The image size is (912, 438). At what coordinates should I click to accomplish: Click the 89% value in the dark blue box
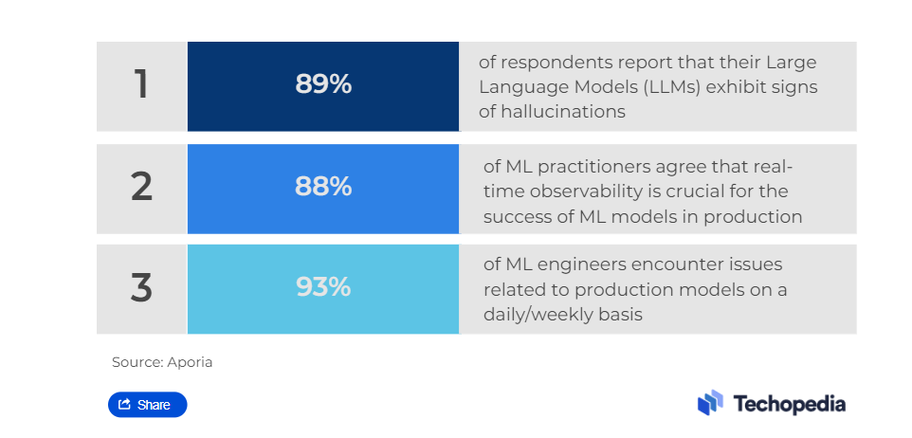coord(323,84)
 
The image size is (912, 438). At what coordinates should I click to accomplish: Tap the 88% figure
coord(323,187)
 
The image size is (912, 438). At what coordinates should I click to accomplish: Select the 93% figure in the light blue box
coord(323,287)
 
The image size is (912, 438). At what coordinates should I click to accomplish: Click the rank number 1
coord(141,84)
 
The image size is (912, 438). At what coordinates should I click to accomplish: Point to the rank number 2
coord(141,187)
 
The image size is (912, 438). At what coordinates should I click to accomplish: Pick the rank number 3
coord(141,287)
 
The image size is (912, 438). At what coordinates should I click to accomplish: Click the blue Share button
coord(148,405)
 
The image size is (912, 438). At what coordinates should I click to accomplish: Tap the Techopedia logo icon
coord(710,403)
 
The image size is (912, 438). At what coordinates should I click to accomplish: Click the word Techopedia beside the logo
coord(790,404)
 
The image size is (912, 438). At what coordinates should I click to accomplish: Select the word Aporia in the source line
coord(190,362)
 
